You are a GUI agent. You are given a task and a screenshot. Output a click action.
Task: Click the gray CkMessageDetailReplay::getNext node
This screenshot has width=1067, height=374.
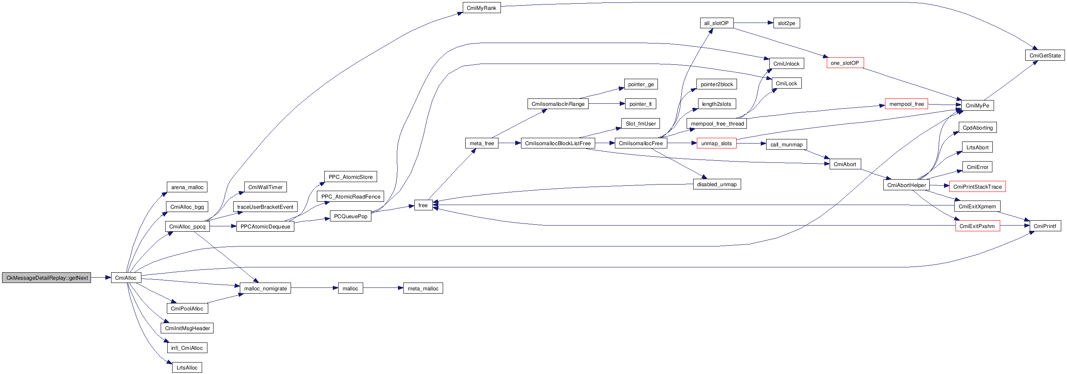(46, 278)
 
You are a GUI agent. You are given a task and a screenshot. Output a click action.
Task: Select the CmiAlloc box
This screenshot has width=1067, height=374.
(126, 278)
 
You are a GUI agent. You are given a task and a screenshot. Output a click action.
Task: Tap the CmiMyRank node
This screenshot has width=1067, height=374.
(481, 8)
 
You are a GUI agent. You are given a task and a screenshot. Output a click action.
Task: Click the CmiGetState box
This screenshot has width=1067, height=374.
(1044, 55)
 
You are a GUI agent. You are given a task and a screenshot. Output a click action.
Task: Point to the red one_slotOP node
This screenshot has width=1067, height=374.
(844, 63)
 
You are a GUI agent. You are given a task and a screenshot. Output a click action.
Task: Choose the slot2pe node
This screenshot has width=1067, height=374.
(786, 23)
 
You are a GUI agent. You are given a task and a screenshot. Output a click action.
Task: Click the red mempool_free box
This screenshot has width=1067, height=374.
(906, 104)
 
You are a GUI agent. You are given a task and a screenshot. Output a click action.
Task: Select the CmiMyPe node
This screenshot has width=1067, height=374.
(977, 106)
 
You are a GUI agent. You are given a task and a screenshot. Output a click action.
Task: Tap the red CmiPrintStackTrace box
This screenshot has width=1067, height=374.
(977, 187)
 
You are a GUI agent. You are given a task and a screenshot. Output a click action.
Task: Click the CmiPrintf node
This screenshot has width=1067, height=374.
(1044, 226)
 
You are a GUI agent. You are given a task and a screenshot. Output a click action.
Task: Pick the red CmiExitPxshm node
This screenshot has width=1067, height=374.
(977, 226)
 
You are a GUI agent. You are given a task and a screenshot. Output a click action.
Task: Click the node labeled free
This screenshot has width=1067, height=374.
(423, 205)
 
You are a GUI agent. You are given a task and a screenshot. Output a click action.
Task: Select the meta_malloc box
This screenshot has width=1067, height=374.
(423, 289)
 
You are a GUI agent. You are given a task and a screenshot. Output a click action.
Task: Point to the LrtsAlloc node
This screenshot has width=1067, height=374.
(187, 368)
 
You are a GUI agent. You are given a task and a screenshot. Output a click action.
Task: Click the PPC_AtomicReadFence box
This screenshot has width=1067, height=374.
(350, 197)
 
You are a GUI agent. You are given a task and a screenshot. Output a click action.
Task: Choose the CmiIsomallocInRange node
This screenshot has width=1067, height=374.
(557, 104)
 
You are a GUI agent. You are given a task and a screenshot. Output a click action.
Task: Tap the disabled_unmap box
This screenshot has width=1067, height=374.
(717, 184)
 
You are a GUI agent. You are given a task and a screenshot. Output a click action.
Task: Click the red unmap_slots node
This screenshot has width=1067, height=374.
(716, 143)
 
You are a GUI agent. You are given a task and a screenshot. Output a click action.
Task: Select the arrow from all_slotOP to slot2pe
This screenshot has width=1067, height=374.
(753, 23)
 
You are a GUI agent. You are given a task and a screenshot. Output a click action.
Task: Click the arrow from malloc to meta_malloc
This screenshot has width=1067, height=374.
(383, 288)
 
